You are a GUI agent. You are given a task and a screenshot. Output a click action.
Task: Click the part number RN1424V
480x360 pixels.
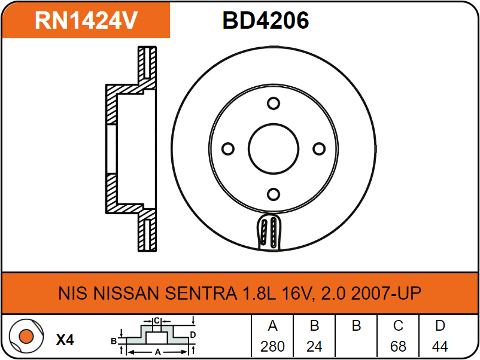tap(86, 20)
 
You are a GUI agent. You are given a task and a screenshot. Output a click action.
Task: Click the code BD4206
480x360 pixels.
tap(266, 20)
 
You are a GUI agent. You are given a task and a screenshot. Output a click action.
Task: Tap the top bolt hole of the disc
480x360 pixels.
tap(274, 103)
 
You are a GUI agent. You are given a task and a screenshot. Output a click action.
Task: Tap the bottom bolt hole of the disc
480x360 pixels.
tap(274, 194)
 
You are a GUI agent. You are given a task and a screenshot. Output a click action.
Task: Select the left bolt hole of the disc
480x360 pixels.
tap(228, 149)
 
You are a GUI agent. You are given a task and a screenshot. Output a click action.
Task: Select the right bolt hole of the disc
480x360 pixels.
tap(319, 149)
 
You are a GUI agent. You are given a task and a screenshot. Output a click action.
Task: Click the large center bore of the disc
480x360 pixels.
tap(274, 149)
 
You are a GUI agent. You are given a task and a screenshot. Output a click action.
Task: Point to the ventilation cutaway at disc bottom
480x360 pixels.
tap(269, 233)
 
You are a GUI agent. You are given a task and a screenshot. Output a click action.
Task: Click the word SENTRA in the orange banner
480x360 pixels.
tap(201, 293)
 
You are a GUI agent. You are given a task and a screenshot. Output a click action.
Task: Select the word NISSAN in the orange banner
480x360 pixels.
tap(126, 293)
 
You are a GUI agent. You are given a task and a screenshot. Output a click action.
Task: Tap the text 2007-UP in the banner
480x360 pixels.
tap(386, 293)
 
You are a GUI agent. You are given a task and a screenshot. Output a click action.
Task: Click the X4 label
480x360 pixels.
tap(65, 340)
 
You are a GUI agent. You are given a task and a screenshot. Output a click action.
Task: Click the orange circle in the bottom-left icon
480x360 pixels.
tap(26, 336)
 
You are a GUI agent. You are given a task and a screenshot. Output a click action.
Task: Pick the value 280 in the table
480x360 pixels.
tap(272, 346)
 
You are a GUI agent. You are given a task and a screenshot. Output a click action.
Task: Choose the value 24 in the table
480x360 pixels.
tap(314, 346)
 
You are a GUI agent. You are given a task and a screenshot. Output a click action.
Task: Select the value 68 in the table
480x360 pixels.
tap(398, 346)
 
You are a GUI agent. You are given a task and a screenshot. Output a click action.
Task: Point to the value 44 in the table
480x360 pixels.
tap(440, 346)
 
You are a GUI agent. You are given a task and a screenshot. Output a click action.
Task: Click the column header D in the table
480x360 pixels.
tap(440, 326)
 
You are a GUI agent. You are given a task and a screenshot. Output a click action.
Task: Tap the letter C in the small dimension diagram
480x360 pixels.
tap(157, 321)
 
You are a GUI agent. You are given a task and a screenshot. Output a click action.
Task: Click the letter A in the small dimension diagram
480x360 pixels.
tap(157, 352)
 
